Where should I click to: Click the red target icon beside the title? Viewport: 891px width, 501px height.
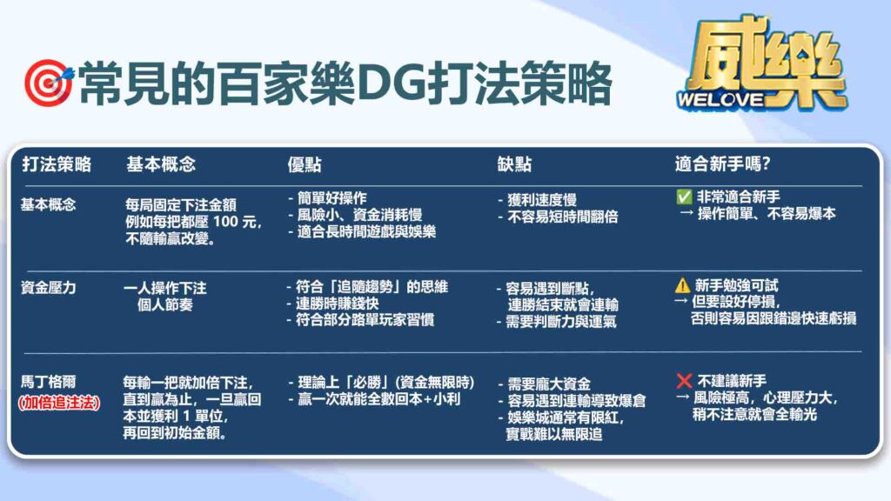tap(49, 83)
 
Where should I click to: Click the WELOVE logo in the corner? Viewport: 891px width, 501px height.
tap(762, 63)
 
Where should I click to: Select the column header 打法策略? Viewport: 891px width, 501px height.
tap(57, 164)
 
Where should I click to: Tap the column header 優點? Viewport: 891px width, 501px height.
tap(305, 164)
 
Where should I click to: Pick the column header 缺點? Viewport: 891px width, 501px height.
tap(514, 164)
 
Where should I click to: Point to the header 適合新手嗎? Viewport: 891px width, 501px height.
tap(722, 164)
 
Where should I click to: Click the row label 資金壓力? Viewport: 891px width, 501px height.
tap(49, 288)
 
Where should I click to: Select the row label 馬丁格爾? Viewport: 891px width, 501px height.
tap(49, 382)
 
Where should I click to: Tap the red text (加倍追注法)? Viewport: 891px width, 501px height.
tap(59, 403)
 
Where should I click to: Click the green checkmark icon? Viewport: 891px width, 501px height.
tap(684, 197)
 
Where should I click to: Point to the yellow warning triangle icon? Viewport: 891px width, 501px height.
tap(682, 285)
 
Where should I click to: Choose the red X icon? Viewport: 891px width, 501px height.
tap(684, 381)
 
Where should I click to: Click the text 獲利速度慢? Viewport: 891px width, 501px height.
tap(541, 200)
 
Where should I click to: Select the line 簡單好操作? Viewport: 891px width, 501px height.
tap(332, 198)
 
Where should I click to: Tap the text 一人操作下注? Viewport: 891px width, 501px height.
tap(164, 288)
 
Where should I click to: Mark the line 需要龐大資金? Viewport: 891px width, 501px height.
tap(548, 384)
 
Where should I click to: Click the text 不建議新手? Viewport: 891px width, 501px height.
tap(731, 381)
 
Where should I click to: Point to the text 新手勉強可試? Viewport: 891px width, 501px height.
tap(736, 285)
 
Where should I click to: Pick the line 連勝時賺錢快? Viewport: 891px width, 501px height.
tap(337, 304)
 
